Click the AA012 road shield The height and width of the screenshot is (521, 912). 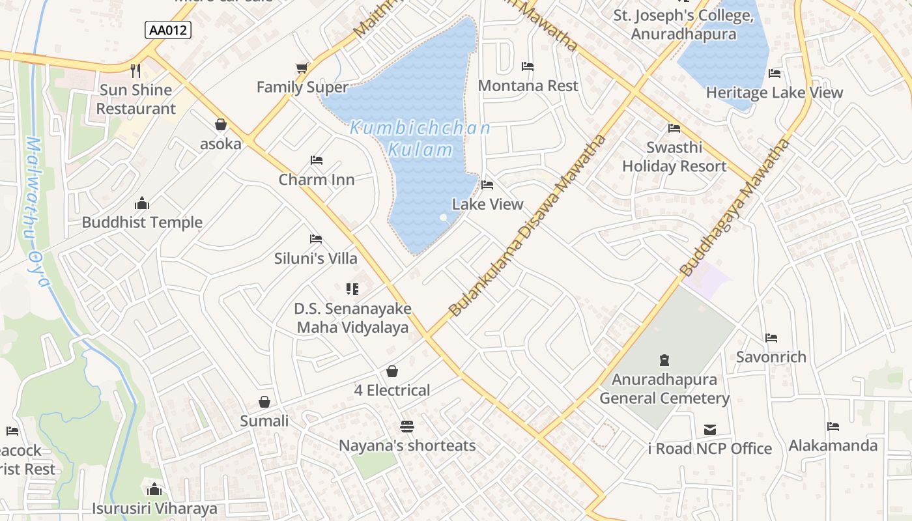(x=168, y=30)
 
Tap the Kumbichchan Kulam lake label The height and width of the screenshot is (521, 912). (x=420, y=139)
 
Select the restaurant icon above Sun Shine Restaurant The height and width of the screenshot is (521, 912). (x=135, y=70)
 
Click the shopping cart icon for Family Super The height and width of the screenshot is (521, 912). (x=302, y=68)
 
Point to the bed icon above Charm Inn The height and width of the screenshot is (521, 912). (x=317, y=160)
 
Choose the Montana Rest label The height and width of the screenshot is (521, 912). (x=528, y=86)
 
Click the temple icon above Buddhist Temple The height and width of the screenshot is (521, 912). (x=141, y=203)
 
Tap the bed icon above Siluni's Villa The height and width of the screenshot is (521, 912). (x=316, y=239)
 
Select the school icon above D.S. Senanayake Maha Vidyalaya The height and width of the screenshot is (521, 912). (x=352, y=289)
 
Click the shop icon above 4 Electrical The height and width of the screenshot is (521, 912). (x=392, y=371)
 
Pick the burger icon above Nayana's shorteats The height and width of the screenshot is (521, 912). (x=407, y=427)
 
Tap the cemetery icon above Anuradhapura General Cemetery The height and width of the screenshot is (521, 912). (x=664, y=359)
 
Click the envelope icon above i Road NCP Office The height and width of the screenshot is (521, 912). (x=710, y=430)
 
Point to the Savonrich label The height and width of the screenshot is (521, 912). (x=771, y=357)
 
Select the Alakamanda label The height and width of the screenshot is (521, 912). (x=833, y=446)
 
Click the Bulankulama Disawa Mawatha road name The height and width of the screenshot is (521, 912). (x=528, y=225)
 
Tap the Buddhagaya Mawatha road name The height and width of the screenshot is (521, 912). (x=734, y=207)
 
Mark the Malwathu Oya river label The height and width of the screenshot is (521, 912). (x=36, y=212)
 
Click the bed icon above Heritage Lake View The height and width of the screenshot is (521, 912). (x=775, y=74)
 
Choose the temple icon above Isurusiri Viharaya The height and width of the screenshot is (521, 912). (x=154, y=489)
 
